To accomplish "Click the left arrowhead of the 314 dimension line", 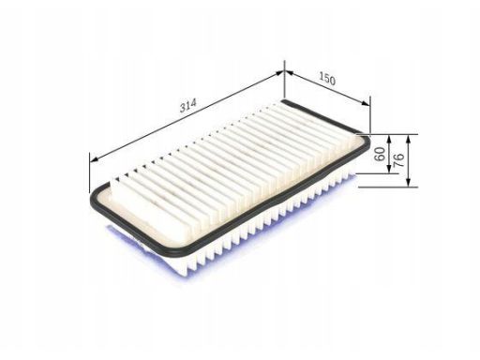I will (93, 159).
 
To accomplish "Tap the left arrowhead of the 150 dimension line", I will (287, 71).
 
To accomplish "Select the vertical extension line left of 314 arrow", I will (90, 173).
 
